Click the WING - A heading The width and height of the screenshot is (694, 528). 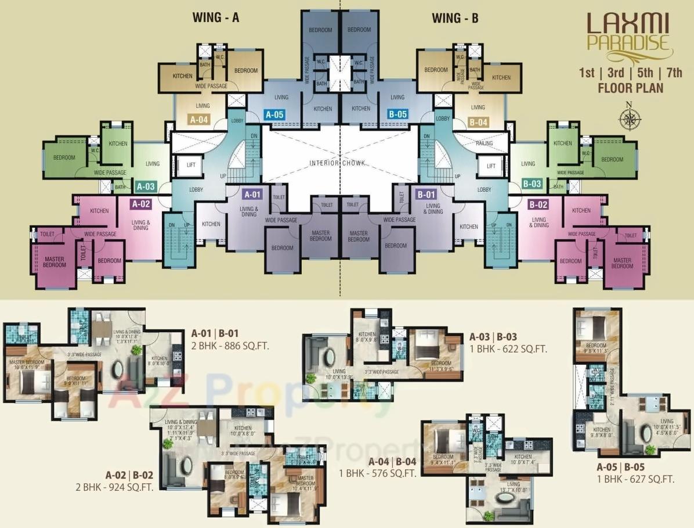point(216,18)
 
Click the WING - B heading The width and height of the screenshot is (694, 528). point(455,18)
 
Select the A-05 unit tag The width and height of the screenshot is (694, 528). point(274,114)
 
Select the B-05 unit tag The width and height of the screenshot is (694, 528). point(397,114)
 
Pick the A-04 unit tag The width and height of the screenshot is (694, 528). point(200,121)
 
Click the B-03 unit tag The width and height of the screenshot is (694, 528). point(532,184)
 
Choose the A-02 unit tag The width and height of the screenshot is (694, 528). point(141,204)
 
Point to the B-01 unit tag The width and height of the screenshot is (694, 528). point(426,195)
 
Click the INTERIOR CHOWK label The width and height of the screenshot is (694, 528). point(338,163)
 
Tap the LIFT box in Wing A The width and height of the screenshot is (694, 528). point(191,166)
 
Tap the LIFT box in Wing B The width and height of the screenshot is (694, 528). point(491,166)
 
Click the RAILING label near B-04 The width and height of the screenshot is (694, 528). point(484,143)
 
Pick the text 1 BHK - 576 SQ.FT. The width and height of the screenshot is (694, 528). point(378,473)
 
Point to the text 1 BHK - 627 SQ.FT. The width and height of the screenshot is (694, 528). point(635,479)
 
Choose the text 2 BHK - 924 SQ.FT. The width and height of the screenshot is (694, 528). point(114,487)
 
